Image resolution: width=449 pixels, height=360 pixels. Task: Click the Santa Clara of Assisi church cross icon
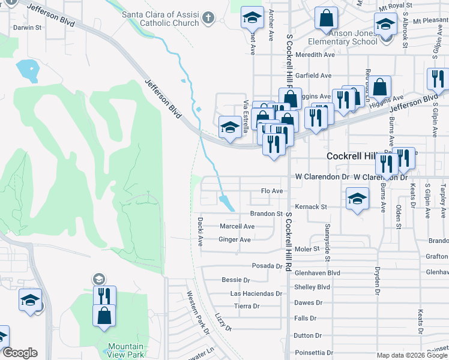click(x=208, y=18)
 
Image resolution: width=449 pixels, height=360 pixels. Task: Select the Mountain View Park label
click(x=126, y=350)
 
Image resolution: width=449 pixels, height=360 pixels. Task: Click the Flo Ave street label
click(x=272, y=191)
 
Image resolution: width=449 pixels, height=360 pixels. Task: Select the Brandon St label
click(x=266, y=214)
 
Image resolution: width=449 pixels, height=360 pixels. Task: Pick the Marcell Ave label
click(x=237, y=226)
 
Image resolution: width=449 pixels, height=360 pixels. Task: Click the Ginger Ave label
click(x=235, y=239)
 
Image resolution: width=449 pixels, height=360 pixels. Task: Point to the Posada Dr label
click(x=267, y=265)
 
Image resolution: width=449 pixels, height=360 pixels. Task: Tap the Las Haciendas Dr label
click(x=256, y=293)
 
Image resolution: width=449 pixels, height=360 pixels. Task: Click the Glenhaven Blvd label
click(x=318, y=272)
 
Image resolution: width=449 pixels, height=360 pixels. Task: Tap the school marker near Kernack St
click(x=357, y=198)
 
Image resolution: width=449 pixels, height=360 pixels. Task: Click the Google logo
click(x=20, y=352)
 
